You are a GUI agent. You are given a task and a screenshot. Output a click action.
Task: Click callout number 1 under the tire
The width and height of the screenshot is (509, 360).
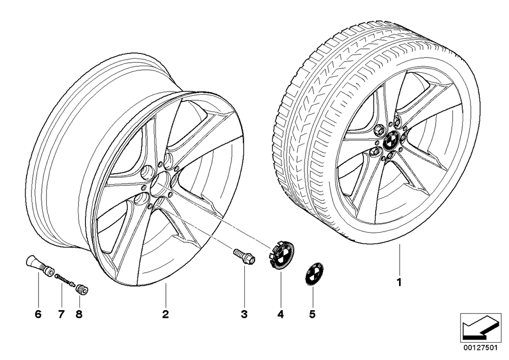[x=400, y=282]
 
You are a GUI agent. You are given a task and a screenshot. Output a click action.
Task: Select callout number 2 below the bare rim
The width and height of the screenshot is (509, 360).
[x=165, y=314]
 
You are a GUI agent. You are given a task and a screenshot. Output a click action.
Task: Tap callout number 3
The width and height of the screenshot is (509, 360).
[x=244, y=314]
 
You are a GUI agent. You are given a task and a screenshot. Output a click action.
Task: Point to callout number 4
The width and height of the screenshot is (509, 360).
[x=280, y=314]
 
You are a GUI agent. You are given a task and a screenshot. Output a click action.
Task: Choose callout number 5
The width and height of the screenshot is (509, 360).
[x=313, y=314]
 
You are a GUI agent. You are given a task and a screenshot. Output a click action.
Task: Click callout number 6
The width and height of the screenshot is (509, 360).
[x=38, y=314]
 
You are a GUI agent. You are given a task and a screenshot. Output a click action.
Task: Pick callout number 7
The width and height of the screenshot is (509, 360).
[x=62, y=314]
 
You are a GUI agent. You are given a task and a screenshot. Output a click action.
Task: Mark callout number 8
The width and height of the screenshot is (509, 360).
[x=79, y=314]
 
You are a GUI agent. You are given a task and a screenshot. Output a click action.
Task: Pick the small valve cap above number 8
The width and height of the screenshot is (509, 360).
[x=82, y=288]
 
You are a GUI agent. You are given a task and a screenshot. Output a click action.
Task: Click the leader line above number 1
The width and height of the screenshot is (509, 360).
[x=400, y=259]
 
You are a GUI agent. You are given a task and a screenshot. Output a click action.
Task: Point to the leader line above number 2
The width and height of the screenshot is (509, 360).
[x=165, y=295]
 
